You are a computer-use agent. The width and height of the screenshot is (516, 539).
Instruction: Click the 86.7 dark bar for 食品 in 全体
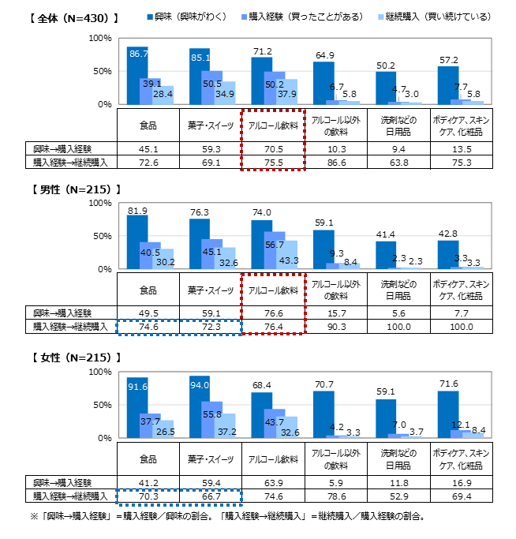(x=137, y=76)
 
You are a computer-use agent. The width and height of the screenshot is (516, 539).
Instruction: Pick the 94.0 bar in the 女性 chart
(x=200, y=406)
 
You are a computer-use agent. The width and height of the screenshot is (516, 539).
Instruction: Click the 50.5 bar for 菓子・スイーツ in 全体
(x=212, y=88)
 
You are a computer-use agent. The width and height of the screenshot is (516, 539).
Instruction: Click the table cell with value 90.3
(x=335, y=325)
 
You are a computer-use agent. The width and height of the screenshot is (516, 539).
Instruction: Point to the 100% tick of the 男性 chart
(x=101, y=203)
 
